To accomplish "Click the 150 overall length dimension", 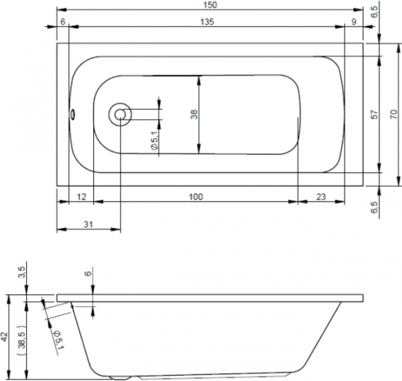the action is (x=210, y=5).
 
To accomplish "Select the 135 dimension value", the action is (x=207, y=22).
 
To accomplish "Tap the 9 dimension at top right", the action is (x=354, y=22).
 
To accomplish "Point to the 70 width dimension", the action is (x=393, y=114).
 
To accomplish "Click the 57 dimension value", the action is (x=375, y=115).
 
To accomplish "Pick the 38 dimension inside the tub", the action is (x=194, y=115).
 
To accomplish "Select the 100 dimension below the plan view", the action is (x=196, y=197).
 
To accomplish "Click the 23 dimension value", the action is (x=321, y=197).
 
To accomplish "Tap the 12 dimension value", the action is (x=82, y=197).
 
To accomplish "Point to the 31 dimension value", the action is (x=88, y=224).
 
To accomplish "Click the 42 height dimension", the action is (x=5, y=337).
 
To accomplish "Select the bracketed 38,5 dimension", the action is (x=22, y=341).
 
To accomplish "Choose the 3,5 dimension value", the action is (x=22, y=272).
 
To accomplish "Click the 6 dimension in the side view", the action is (x=88, y=273).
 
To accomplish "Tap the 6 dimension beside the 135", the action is (x=63, y=22).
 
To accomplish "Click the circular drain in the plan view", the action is (x=120, y=115).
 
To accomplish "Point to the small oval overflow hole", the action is (x=72, y=114).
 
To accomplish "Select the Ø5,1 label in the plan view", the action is (x=155, y=140).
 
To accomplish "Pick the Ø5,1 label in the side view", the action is (x=58, y=340).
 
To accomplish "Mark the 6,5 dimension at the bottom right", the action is (x=375, y=207).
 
